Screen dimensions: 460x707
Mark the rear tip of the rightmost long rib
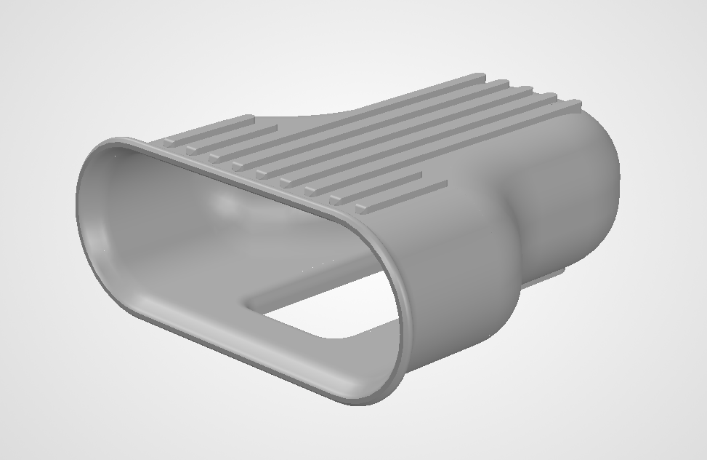click(573, 103)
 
